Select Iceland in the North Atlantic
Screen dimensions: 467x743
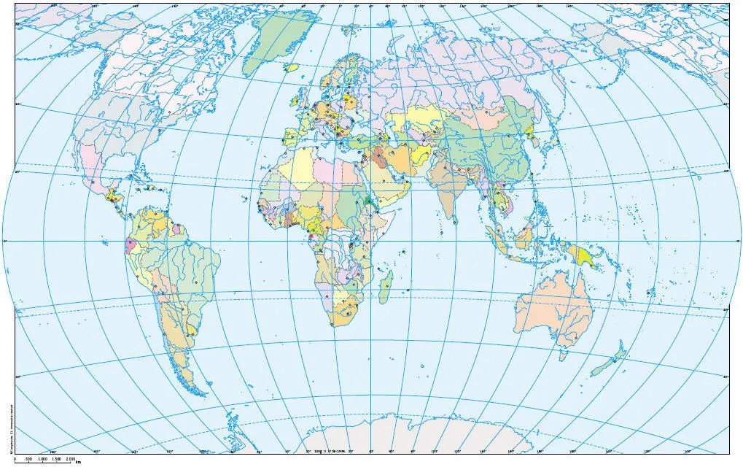click(x=292, y=68)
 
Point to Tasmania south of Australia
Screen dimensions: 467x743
click(x=562, y=355)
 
